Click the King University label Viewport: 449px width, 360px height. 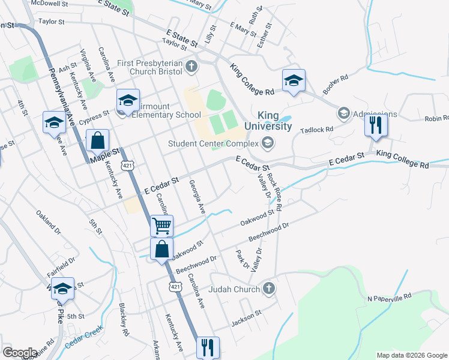coord(275,121)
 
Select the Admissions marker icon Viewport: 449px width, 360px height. coord(344,113)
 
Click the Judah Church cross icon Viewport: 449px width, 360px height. coord(269,289)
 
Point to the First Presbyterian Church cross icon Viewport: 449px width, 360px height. coord(191,66)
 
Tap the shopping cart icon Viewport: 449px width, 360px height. coord(161,226)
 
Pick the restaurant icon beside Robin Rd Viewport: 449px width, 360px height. coord(376,125)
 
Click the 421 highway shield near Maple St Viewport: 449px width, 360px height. coord(127,164)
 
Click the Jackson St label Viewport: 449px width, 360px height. coord(247,317)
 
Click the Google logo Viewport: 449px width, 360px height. coord(20,353)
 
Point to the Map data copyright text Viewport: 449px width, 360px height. coord(412,355)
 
